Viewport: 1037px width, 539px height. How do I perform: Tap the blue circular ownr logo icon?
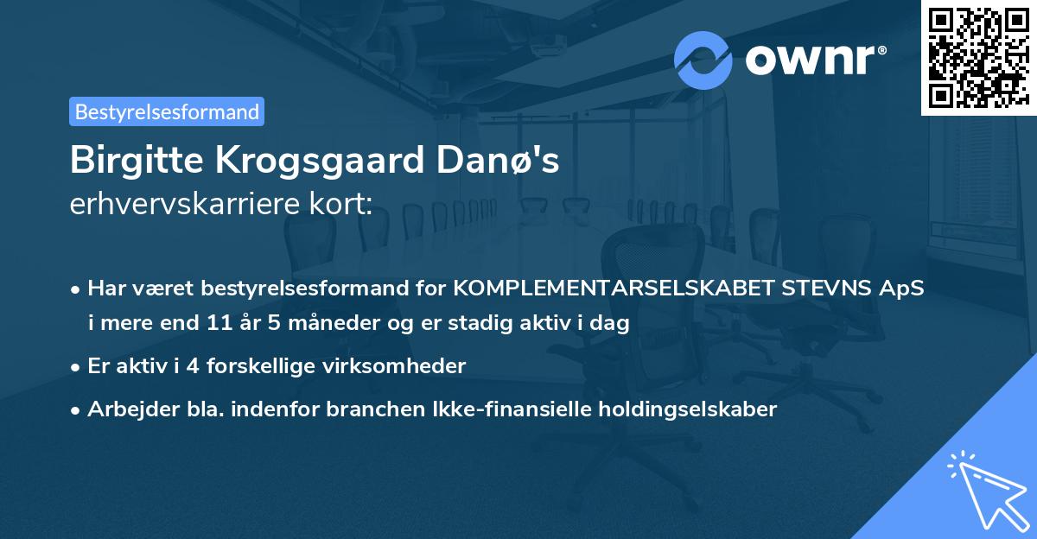click(703, 60)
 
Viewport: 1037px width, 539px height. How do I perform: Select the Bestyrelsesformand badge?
click(167, 111)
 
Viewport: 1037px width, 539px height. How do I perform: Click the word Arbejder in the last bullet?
click(125, 409)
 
